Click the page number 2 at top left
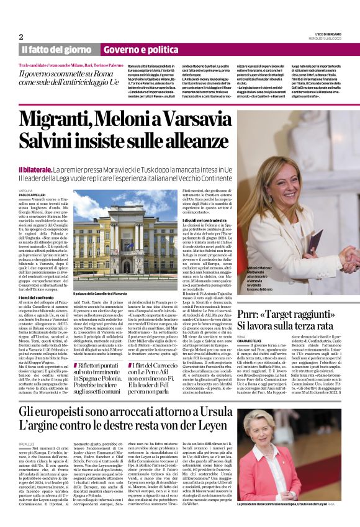[21, 37]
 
